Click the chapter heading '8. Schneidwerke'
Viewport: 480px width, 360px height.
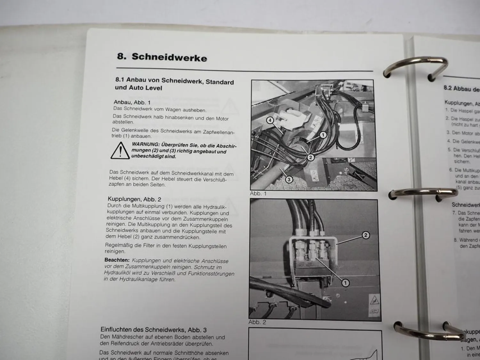pyautogui.click(x=162, y=57)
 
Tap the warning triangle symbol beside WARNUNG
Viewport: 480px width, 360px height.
pyautogui.click(x=120, y=151)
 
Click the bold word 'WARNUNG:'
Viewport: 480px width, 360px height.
pyautogui.click(x=146, y=144)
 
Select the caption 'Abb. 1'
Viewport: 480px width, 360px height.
pyautogui.click(x=258, y=194)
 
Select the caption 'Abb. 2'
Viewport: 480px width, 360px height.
pyautogui.click(x=257, y=322)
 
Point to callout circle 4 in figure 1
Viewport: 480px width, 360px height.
pyautogui.click(x=270, y=120)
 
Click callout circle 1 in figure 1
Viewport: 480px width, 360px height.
pyautogui.click(x=323, y=135)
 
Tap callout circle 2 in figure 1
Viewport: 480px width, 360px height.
pyautogui.click(x=310, y=157)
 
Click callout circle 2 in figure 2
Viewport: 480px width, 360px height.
pyautogui.click(x=365, y=236)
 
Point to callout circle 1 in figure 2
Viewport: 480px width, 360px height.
pyautogui.click(x=345, y=283)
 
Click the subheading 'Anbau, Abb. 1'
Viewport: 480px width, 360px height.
pyautogui.click(x=132, y=102)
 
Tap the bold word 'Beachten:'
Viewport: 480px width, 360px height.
pyautogui.click(x=117, y=260)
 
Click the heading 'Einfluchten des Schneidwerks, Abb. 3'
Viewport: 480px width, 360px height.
pyautogui.click(x=154, y=330)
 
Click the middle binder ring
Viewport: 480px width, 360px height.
pyautogui.click(x=422, y=193)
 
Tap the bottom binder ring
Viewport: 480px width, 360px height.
pyautogui.click(x=427, y=331)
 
